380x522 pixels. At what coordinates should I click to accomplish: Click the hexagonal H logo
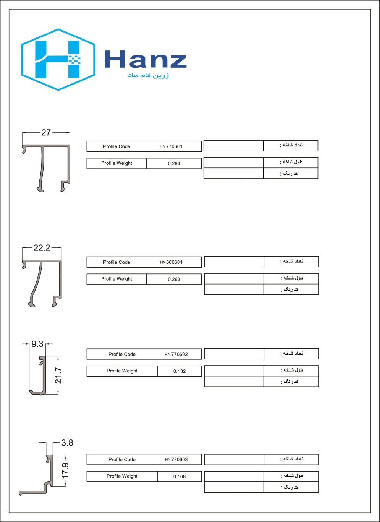point(58,60)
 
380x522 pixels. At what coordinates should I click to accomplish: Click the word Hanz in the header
point(146,60)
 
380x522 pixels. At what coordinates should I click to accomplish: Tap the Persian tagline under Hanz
point(148,75)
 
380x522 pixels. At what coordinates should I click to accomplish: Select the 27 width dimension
point(46,132)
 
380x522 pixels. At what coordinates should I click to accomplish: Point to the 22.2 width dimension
point(42,248)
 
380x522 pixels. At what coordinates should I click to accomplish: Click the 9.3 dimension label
point(37,344)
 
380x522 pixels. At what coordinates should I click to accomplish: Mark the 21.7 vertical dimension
point(58,375)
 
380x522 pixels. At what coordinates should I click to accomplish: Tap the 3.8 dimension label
point(67,443)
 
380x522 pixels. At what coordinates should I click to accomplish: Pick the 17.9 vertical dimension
point(65,470)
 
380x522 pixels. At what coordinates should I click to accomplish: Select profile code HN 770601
point(171,146)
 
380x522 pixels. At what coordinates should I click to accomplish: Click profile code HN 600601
point(171,262)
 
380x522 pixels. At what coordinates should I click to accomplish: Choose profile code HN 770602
point(176,355)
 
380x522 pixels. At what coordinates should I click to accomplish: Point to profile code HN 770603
point(176,460)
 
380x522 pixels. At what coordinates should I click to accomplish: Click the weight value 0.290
point(174,164)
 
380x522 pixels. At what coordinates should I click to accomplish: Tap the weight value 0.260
point(174,280)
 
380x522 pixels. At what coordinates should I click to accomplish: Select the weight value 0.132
point(179,371)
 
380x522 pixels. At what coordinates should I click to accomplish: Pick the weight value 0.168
point(179,477)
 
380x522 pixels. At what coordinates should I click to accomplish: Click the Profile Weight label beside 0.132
point(122,371)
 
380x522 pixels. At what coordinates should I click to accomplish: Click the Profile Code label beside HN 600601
point(116,262)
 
